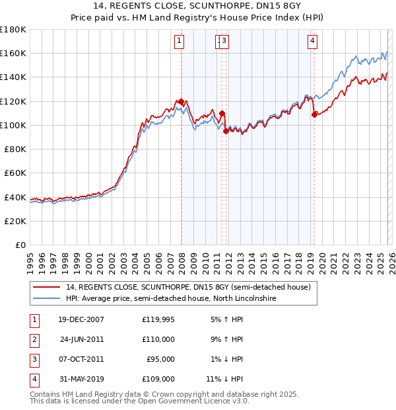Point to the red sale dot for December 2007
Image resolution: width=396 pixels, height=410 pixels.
pos(181,101)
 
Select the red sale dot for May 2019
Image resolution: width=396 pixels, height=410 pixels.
pos(314,114)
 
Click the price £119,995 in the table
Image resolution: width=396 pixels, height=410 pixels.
pos(158,319)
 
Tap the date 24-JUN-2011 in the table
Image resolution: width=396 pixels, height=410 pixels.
pos(82,339)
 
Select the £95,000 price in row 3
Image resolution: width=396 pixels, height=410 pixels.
pos(160,359)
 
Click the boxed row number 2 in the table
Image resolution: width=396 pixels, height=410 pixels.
pos(32,339)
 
